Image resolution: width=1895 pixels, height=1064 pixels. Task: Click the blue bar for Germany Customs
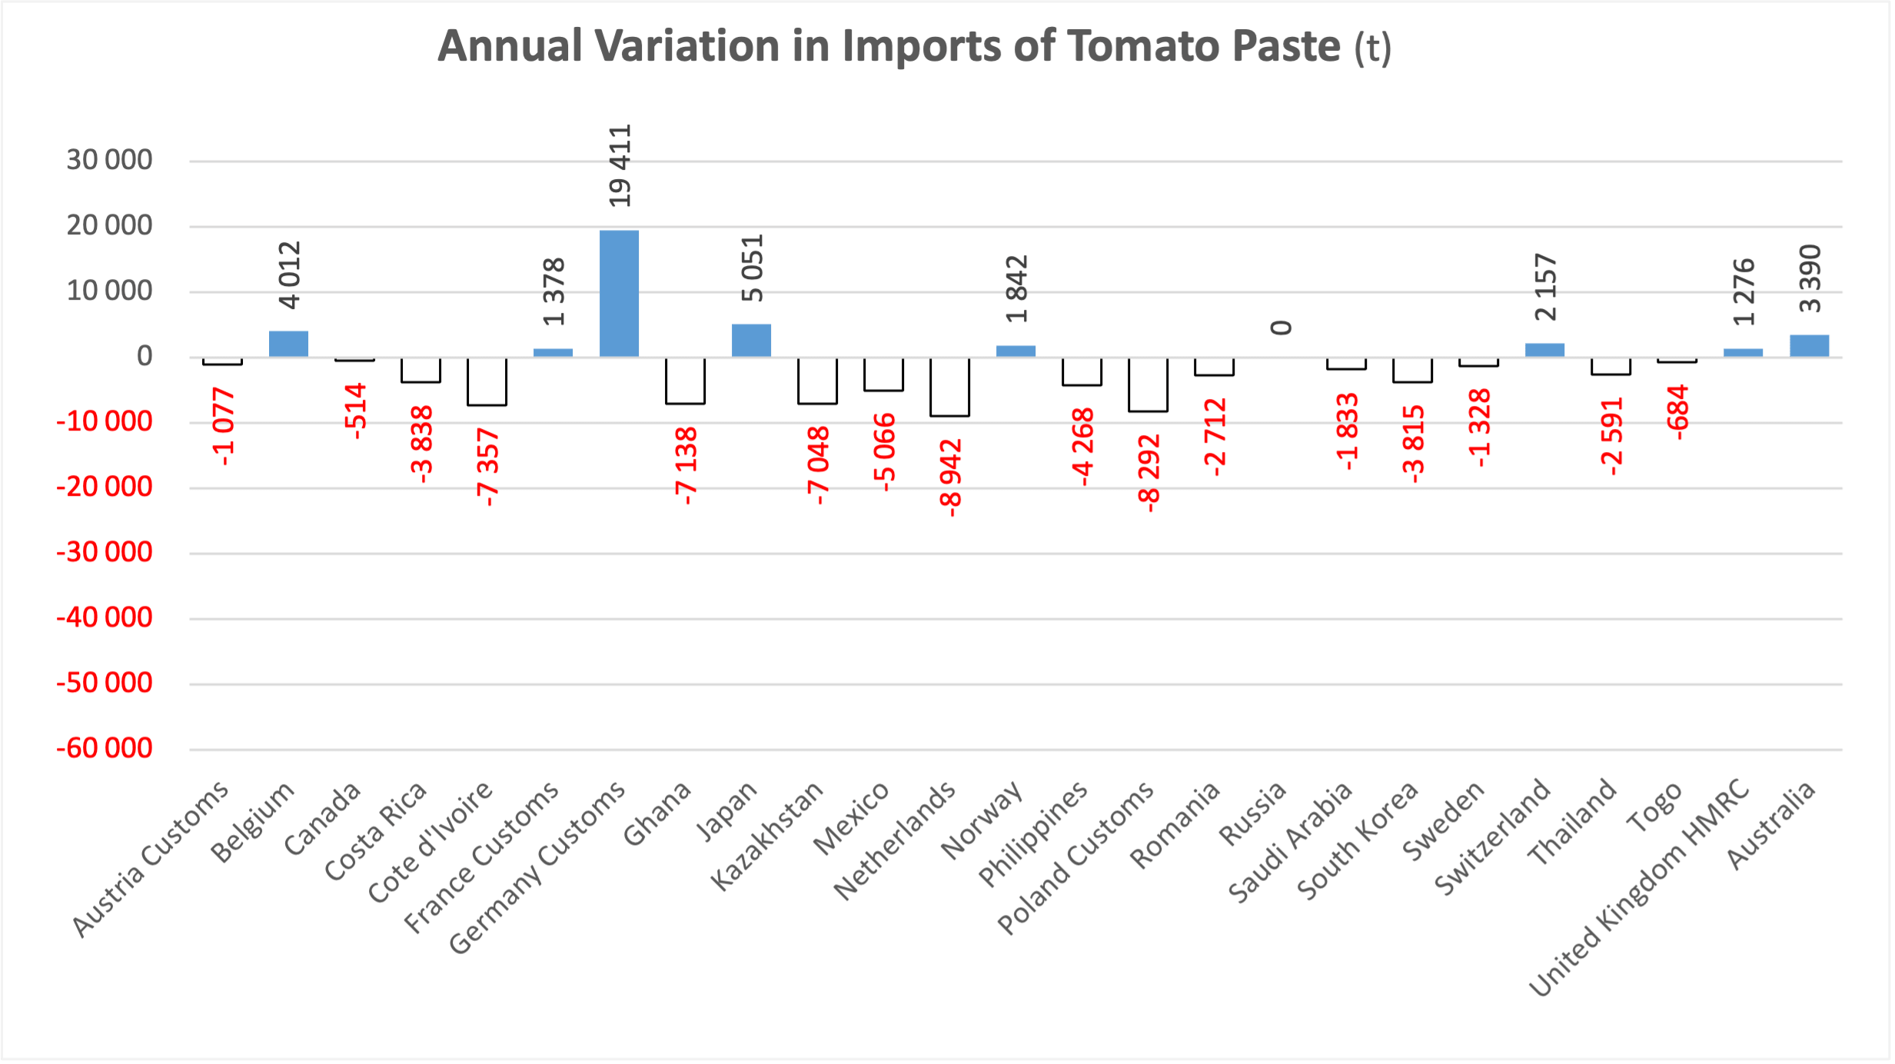coord(619,293)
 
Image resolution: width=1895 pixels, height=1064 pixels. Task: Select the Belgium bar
coord(288,344)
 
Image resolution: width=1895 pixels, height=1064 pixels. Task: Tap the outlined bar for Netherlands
coord(949,387)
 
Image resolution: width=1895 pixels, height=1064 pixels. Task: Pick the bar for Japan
coord(751,340)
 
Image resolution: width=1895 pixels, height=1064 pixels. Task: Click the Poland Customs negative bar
coord(1148,384)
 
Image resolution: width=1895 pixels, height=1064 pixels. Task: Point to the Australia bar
coord(1809,345)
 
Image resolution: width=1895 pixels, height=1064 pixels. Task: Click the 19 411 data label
coord(620,165)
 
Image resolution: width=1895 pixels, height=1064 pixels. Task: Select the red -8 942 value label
coord(950,477)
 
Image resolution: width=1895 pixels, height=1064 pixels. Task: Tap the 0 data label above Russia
coord(1281,328)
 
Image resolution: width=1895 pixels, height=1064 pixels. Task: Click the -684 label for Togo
coord(1677,412)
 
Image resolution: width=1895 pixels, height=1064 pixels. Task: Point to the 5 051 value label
coord(752,268)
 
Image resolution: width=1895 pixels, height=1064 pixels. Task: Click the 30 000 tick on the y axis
coord(109,160)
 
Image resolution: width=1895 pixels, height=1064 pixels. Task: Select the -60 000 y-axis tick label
coord(105,748)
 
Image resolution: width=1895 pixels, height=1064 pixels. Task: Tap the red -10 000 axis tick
coord(105,421)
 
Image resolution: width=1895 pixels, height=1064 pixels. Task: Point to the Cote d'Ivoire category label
coord(430,842)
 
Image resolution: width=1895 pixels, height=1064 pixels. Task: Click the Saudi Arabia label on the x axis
coord(1290,841)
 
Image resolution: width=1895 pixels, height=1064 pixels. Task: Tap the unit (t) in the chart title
coord(1372,48)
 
